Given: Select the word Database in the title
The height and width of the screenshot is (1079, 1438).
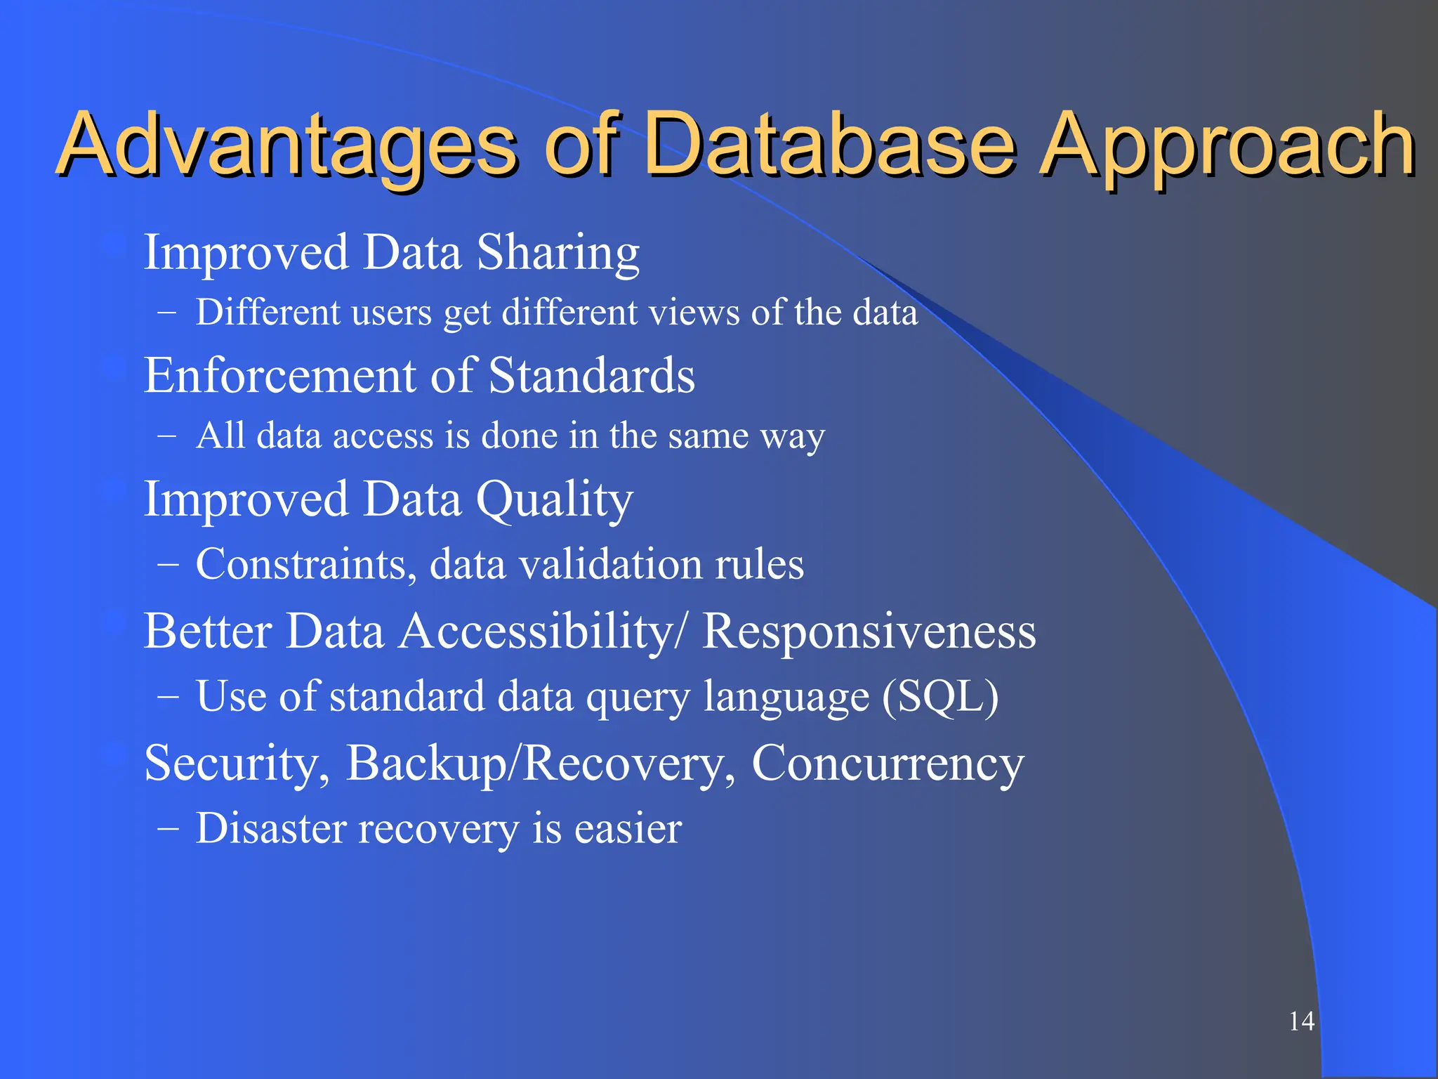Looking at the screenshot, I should [829, 144].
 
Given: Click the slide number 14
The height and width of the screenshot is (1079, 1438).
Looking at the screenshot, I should [1301, 1021].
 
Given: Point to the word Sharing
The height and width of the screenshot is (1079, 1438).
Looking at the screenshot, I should [558, 253].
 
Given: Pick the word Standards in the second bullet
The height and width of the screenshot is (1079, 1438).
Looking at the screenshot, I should [591, 376].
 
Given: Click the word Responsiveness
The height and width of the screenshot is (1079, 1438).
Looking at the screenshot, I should [869, 631].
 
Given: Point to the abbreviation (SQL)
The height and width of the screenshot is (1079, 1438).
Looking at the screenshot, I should [940, 696].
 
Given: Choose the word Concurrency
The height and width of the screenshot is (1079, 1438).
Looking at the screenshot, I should [888, 764].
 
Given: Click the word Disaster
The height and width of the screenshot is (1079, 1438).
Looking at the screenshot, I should [271, 828].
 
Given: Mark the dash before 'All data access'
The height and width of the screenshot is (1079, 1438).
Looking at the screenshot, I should [167, 436].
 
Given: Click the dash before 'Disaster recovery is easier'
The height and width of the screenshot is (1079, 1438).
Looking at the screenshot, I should [167, 829].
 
